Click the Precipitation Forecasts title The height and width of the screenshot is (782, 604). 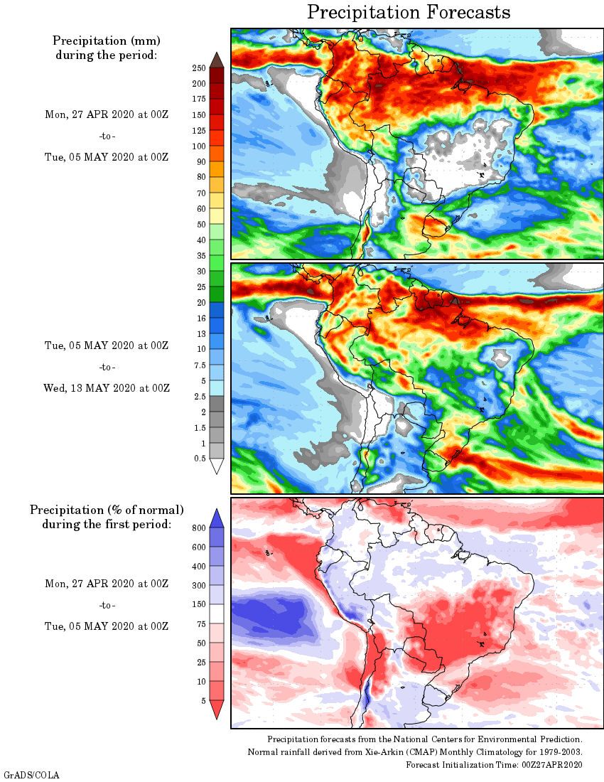pyautogui.click(x=409, y=12)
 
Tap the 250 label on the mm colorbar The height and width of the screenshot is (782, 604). pyautogui.click(x=198, y=68)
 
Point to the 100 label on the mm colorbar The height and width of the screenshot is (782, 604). pyautogui.click(x=198, y=146)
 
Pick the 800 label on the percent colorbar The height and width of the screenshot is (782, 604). pyautogui.click(x=198, y=528)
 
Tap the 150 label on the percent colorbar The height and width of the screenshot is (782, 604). pyautogui.click(x=198, y=605)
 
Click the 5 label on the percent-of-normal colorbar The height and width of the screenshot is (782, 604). pyautogui.click(x=203, y=701)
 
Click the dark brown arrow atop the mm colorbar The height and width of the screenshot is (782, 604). pyautogui.click(x=217, y=59)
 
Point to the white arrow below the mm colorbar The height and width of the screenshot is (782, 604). pyautogui.click(x=217, y=466)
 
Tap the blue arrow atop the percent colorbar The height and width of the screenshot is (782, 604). pyautogui.click(x=217, y=518)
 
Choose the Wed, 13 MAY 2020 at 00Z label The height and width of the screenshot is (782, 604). pyautogui.click(x=107, y=388)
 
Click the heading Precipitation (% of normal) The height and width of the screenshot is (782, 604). pyautogui.click(x=107, y=510)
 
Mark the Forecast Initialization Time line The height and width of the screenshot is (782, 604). pyautogui.click(x=494, y=764)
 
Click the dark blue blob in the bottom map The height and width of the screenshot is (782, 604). pyautogui.click(x=274, y=614)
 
